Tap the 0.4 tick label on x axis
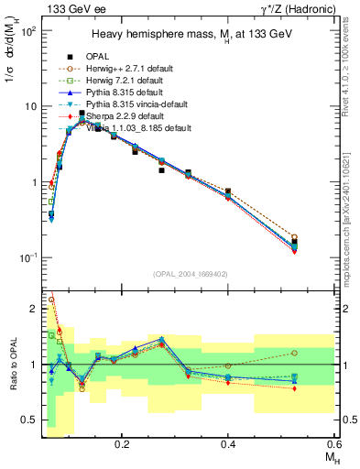point(228,442)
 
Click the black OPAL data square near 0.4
point(228,191)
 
